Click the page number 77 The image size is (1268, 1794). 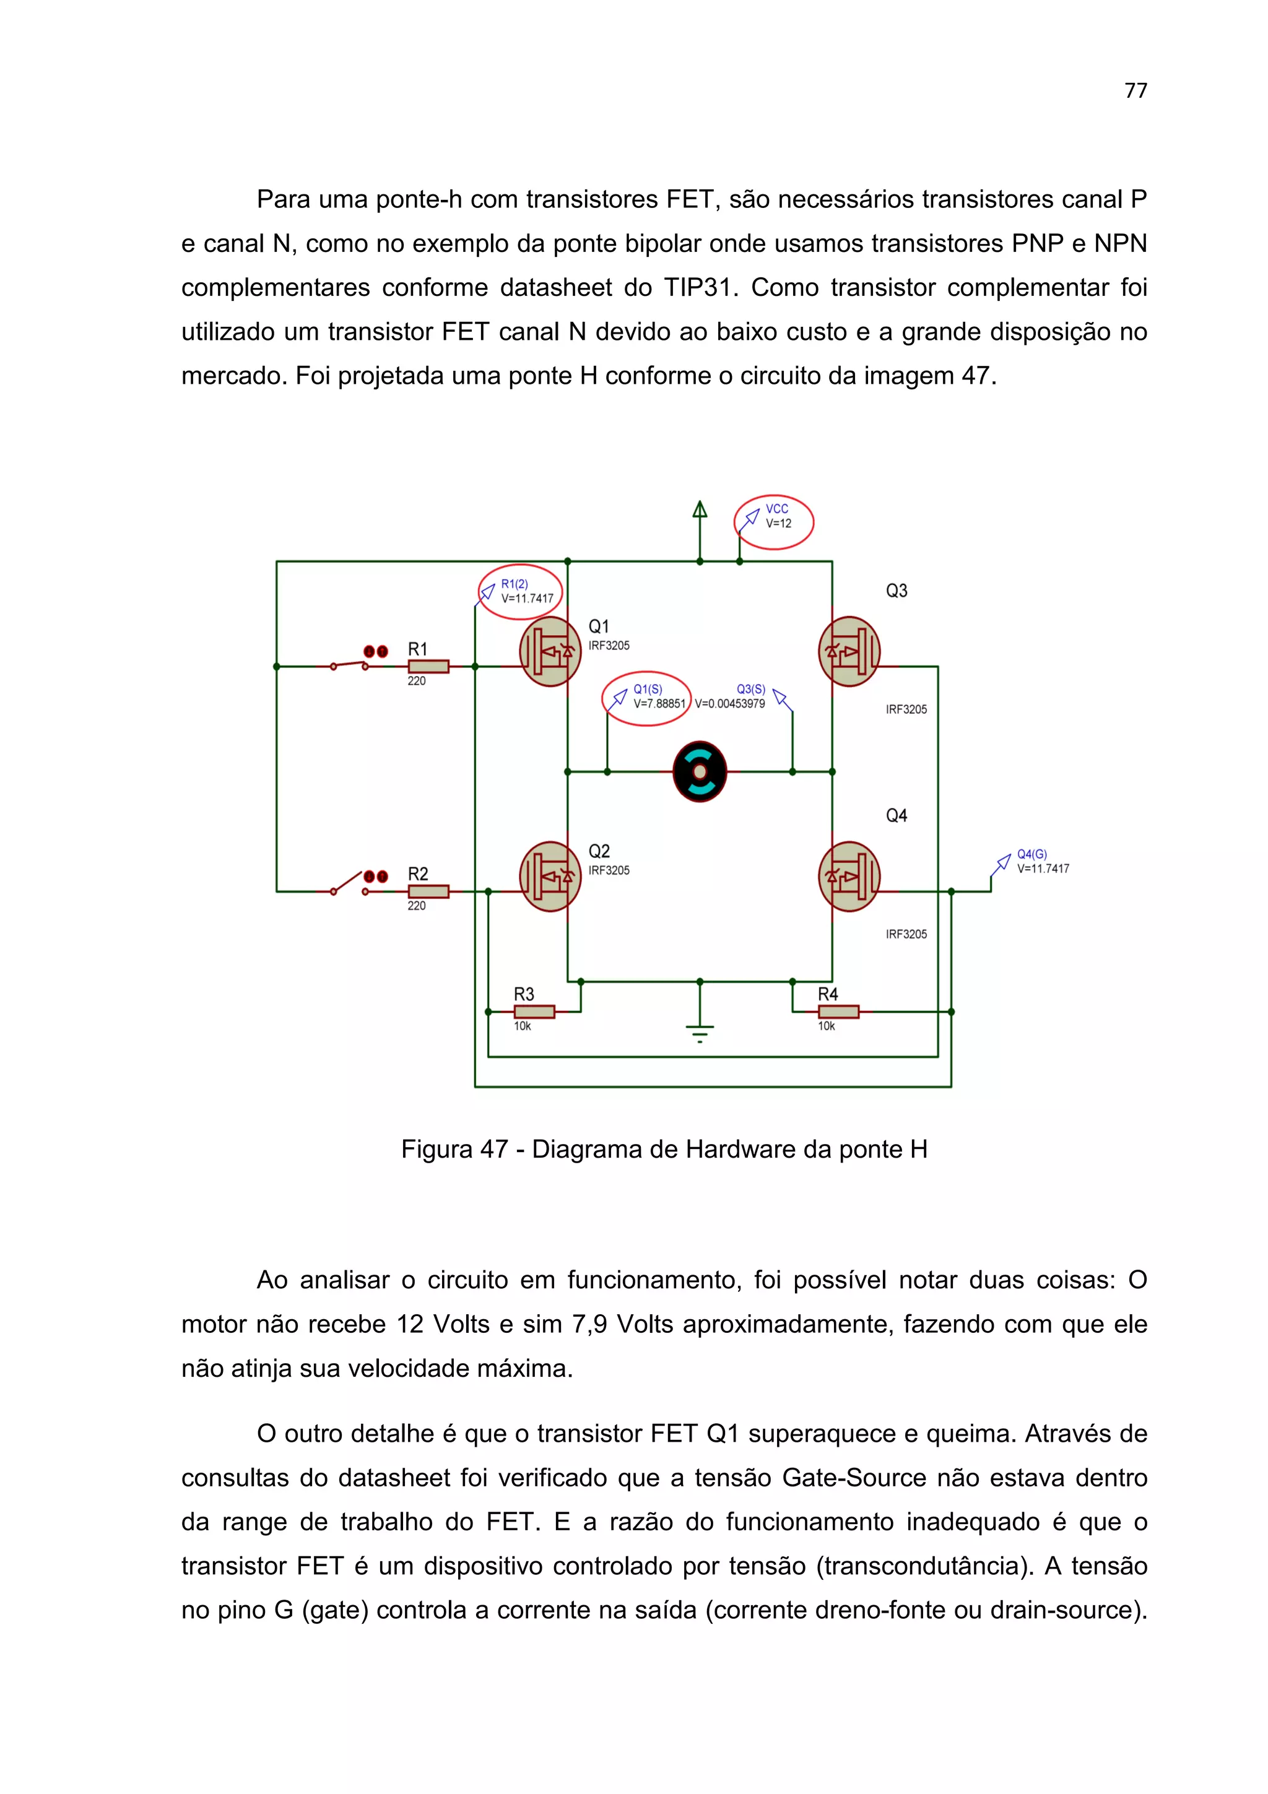[1135, 90]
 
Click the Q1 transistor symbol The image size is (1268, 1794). [550, 652]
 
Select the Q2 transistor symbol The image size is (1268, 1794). [550, 876]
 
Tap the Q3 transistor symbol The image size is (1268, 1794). [849, 652]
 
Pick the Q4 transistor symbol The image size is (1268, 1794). [849, 876]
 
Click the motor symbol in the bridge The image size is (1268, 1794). [699, 772]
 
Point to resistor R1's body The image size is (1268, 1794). [428, 667]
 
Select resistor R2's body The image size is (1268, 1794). [428, 891]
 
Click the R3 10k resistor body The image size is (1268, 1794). [534, 1012]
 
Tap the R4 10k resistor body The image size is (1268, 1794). [838, 1012]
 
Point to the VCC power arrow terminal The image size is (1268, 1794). [699, 510]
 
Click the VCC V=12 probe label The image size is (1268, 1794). [778, 516]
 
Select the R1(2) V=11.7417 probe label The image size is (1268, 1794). [526, 591]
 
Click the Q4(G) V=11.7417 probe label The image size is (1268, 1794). [1041, 862]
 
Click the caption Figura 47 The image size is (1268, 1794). [454, 1150]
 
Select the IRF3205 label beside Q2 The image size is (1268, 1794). [609, 870]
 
